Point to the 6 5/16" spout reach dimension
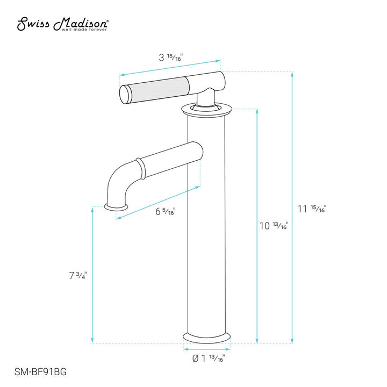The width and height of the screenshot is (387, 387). coord(165,211)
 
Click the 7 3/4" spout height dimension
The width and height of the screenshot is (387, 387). coord(78,276)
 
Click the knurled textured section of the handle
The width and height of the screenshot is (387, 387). coord(158,88)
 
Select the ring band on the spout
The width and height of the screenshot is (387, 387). coord(141,167)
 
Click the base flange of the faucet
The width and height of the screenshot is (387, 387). coord(207,337)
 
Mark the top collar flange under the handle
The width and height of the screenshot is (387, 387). coord(207,110)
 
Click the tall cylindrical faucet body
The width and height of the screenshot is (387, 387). coord(207,226)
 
